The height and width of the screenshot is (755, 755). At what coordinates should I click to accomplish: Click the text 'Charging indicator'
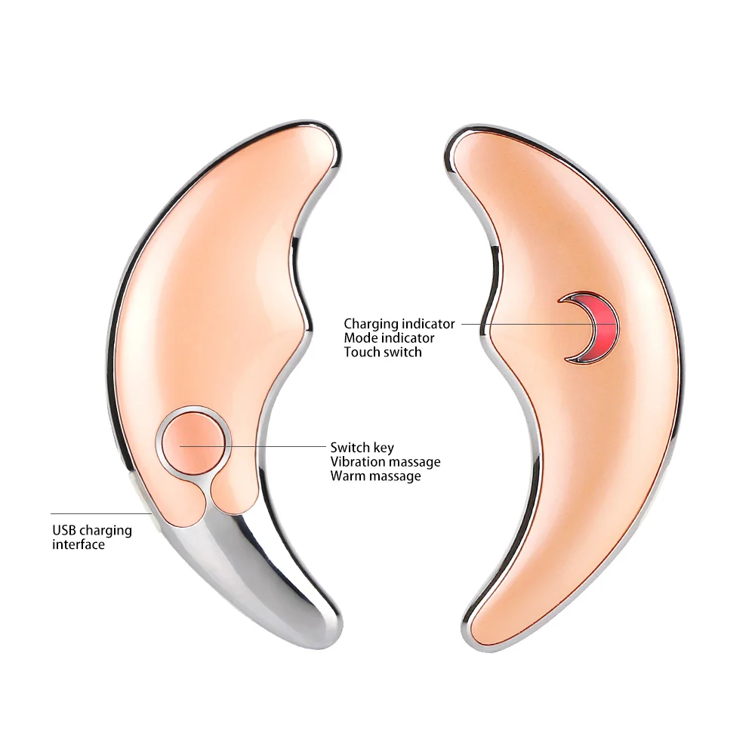pyautogui.click(x=399, y=324)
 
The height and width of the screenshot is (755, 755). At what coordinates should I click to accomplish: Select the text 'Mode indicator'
pyautogui.click(x=389, y=338)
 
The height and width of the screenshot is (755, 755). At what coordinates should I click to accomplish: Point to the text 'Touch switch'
pyautogui.click(x=383, y=352)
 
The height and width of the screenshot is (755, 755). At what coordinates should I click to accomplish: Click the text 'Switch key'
pyautogui.click(x=362, y=447)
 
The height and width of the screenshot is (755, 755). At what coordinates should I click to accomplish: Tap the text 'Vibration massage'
pyautogui.click(x=385, y=462)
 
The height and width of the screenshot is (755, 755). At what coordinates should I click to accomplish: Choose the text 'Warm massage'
pyautogui.click(x=375, y=476)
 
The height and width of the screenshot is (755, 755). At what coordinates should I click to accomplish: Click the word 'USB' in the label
pyautogui.click(x=64, y=530)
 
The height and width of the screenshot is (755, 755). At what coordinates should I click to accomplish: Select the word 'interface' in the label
pyautogui.click(x=79, y=544)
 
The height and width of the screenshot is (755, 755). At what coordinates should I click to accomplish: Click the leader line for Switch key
pyautogui.click(x=253, y=446)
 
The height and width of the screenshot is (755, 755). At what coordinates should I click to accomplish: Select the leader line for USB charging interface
pyautogui.click(x=101, y=513)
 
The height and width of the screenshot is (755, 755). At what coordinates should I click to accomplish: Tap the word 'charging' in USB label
pyautogui.click(x=106, y=531)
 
